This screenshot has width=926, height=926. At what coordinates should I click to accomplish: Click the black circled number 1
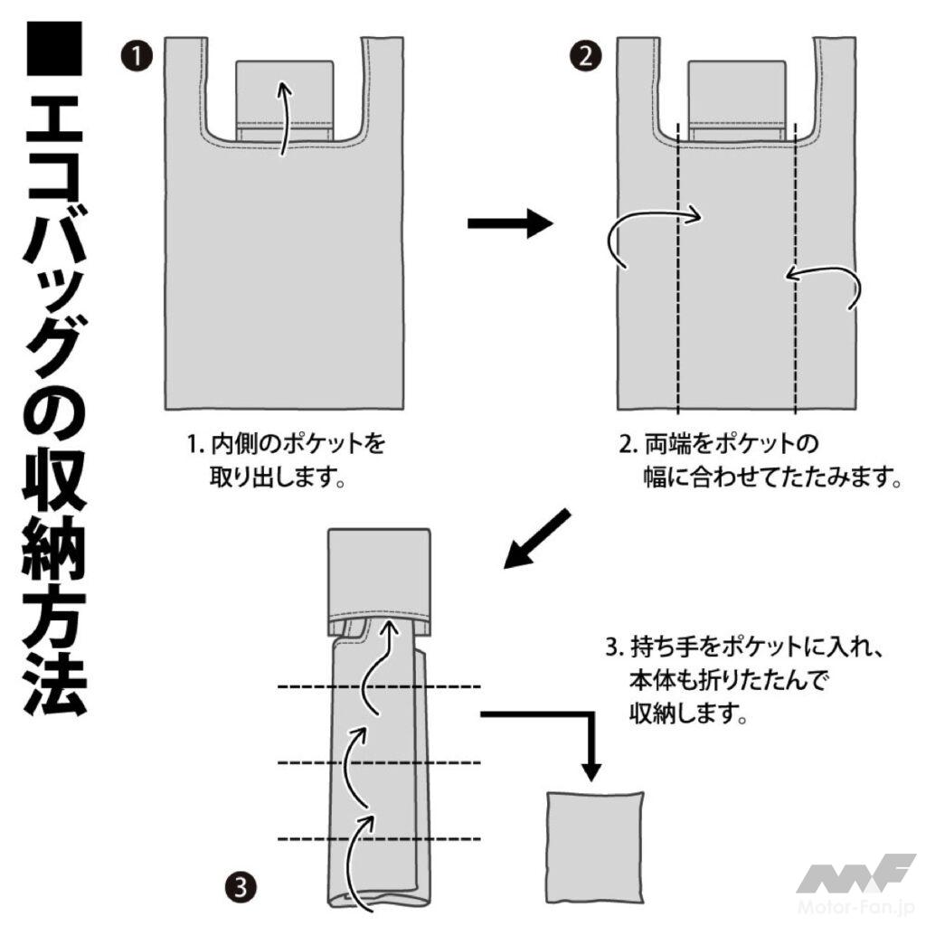coord(137,57)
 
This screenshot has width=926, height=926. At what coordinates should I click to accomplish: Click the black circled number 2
coord(585,57)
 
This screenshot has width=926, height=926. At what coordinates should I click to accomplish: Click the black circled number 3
coord(241,887)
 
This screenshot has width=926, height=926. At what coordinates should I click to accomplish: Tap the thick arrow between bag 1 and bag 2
coord(510,223)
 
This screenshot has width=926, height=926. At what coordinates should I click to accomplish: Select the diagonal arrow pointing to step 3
coord(537,539)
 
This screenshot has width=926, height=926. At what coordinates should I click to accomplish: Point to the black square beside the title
coord(54,49)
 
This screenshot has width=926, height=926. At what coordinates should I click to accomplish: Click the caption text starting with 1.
coord(286,460)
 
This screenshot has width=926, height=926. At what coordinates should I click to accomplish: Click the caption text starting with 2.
coord(760,460)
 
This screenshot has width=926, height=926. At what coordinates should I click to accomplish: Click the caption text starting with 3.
coord(744,680)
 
